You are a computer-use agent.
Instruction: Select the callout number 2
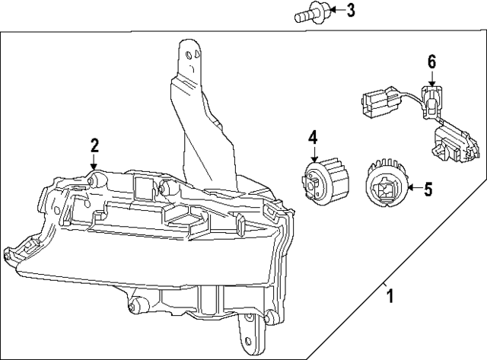coord(94,144)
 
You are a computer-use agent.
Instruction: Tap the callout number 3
coord(350,10)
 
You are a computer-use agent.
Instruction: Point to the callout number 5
coord(428,189)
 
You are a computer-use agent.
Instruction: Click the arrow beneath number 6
coord(431,78)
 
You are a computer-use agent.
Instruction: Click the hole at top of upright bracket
coord(191,53)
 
